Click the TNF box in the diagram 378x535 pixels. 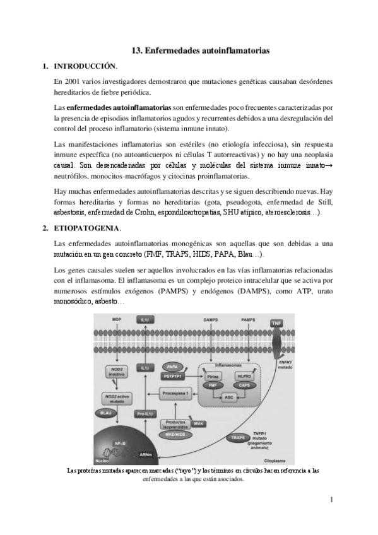(x=276, y=323)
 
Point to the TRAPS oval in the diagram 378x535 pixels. (x=238, y=437)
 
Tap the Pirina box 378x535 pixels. (x=213, y=375)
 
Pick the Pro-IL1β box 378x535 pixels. (x=145, y=414)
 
